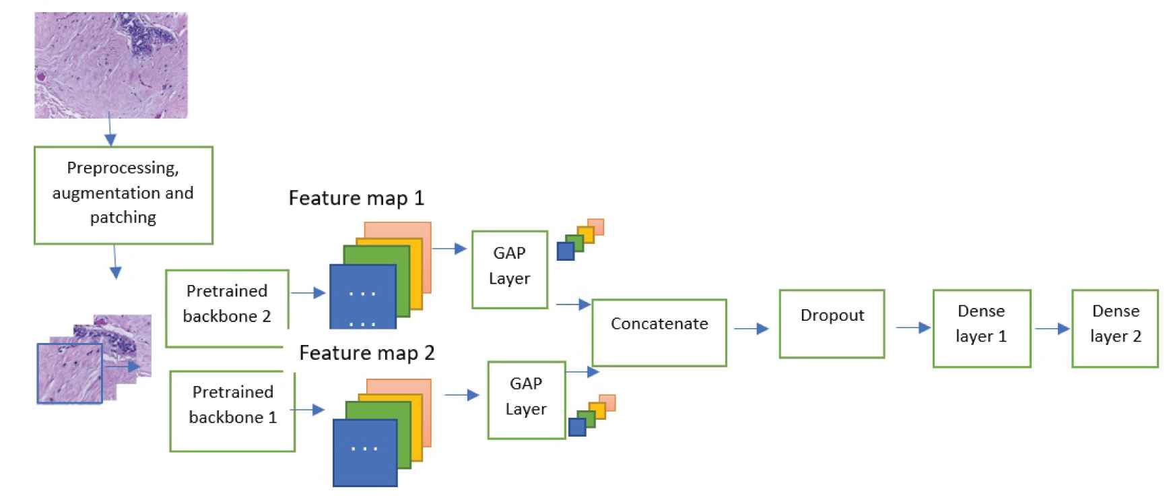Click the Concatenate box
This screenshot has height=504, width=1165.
click(x=659, y=333)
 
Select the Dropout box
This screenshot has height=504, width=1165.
click(x=832, y=324)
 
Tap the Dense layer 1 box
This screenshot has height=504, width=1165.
click(x=981, y=329)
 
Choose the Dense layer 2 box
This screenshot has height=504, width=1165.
click(x=1115, y=329)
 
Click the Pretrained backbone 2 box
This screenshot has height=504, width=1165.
click(x=227, y=308)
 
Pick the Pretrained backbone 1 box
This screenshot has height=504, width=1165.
click(x=232, y=410)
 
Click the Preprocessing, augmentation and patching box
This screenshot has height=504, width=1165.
click(x=123, y=195)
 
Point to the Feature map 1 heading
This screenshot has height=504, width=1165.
click(x=356, y=198)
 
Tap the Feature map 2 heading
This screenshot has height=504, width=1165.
click(x=366, y=353)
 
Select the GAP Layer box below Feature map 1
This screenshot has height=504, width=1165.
click(x=510, y=270)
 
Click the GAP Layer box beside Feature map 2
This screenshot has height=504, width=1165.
click(x=526, y=400)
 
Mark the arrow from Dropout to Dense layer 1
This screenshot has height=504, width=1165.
click(x=913, y=328)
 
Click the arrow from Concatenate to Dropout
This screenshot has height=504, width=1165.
click(x=752, y=329)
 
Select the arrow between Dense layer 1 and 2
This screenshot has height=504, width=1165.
click(x=1052, y=329)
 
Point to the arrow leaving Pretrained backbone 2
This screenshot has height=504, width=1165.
click(x=308, y=293)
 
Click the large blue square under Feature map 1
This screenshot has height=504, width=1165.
click(x=362, y=296)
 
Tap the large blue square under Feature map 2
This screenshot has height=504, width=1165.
click(x=365, y=452)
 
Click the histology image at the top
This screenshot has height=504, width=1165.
click(x=111, y=65)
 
